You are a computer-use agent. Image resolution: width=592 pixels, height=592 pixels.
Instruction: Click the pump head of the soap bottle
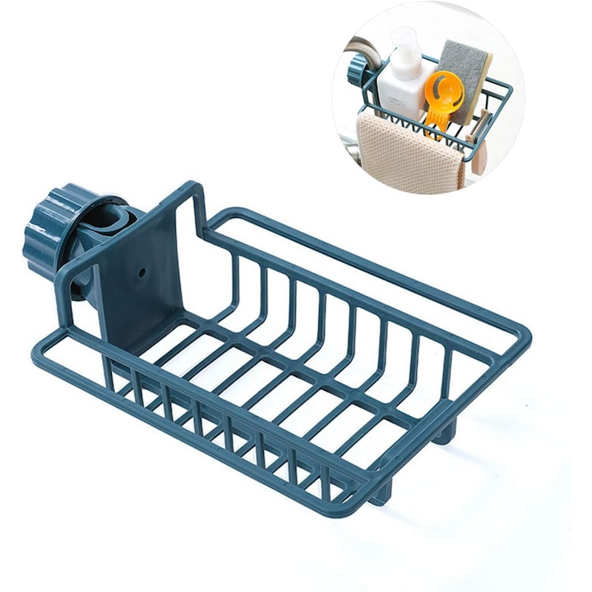(x=404, y=39)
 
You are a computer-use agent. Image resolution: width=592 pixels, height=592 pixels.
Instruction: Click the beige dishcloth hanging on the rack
(x=403, y=148)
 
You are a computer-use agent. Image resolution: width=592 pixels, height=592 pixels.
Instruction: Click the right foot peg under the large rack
(x=443, y=432)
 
